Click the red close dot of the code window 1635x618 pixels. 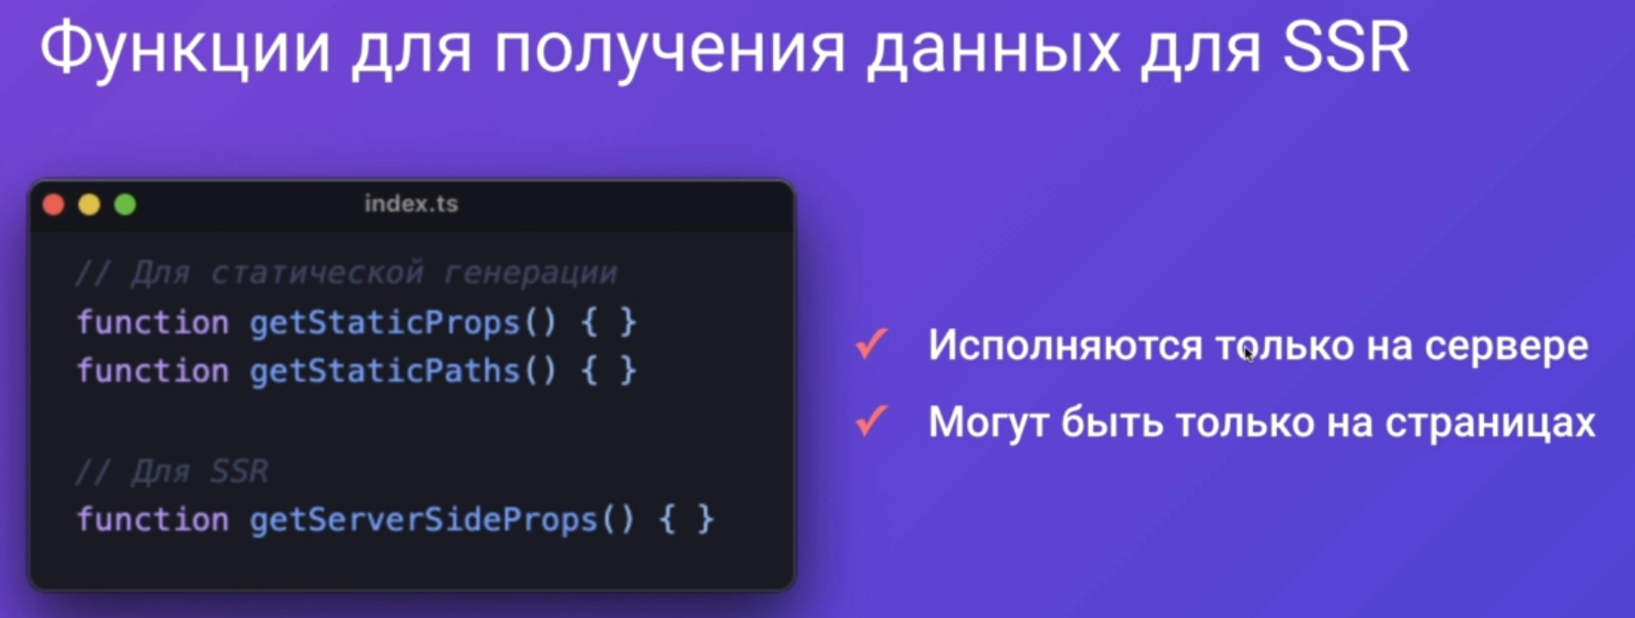[x=54, y=205]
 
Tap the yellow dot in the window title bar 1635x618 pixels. [x=90, y=205]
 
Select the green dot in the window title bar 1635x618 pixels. [x=125, y=205]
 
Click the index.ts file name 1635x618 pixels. [x=412, y=203]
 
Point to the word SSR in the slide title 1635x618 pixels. [x=1346, y=48]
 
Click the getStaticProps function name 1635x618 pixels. [x=385, y=323]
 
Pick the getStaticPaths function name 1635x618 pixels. [x=385, y=370]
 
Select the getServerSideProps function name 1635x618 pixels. [x=424, y=520]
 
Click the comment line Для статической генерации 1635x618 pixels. [x=347, y=272]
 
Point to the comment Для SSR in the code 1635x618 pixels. [x=172, y=471]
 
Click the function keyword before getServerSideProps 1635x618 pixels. [x=153, y=519]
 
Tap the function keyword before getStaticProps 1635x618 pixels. [x=153, y=322]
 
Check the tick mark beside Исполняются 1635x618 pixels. [x=872, y=344]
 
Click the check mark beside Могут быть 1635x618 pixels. [x=872, y=421]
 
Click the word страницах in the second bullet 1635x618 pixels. [x=1491, y=424]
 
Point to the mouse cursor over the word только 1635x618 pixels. [x=1248, y=353]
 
